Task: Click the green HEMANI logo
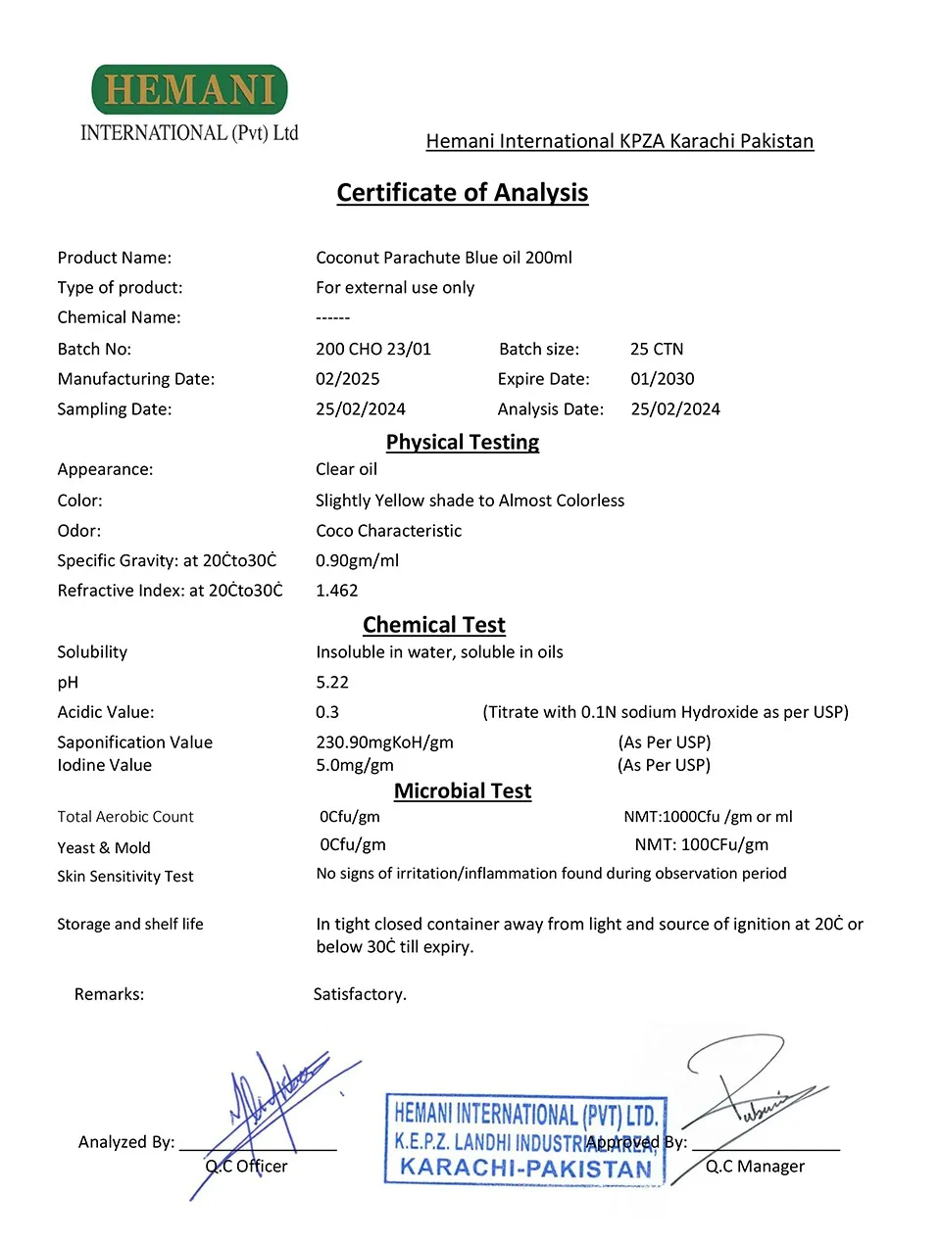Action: tap(189, 90)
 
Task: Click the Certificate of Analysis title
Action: tap(462, 193)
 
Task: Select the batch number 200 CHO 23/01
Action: tap(372, 350)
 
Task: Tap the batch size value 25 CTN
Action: tap(657, 350)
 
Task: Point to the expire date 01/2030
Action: tap(662, 379)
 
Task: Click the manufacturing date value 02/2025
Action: tap(347, 379)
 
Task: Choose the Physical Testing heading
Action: tap(462, 443)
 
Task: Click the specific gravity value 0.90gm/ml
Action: tap(357, 561)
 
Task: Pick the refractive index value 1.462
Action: tap(336, 591)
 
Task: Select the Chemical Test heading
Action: tap(433, 625)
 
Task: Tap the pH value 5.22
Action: tap(331, 683)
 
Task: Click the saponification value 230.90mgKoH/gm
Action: tap(384, 742)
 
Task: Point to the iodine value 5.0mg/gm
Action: tap(354, 765)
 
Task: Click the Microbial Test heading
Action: tap(462, 791)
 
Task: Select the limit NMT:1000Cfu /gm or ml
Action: tap(708, 817)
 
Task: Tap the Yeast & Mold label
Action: tap(103, 848)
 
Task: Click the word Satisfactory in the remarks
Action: tap(359, 994)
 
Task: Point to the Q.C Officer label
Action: tap(246, 1167)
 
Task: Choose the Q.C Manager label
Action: tap(755, 1167)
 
